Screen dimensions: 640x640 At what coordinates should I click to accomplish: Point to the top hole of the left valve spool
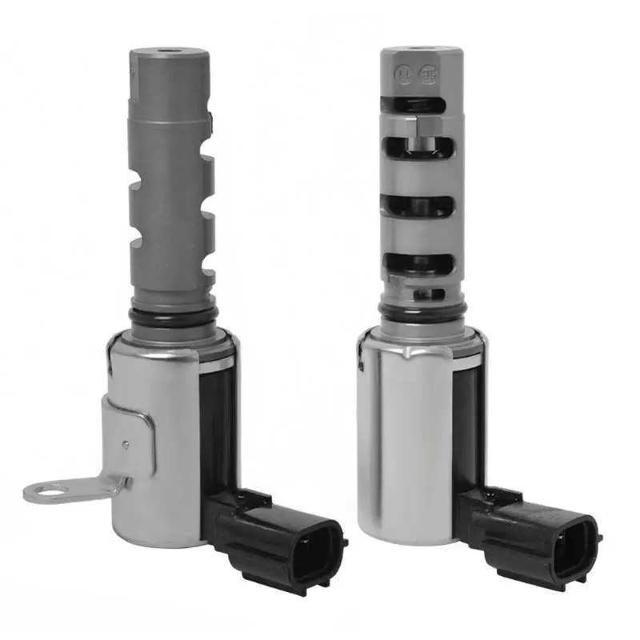click(168, 54)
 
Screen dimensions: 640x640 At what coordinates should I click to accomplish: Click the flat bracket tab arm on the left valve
click(88, 486)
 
